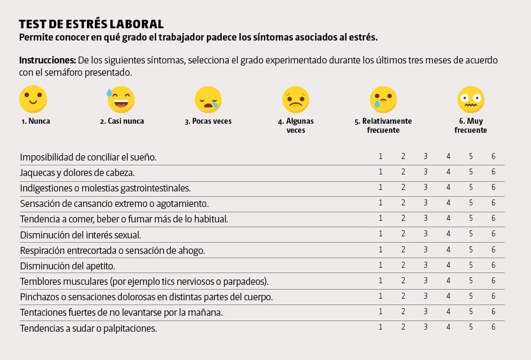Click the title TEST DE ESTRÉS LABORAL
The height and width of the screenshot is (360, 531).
pos(91,24)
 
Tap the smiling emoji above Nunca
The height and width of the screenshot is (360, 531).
pos(33,99)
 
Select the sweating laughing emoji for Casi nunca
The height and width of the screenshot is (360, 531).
pos(121,99)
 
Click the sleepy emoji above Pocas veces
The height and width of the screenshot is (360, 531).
pos(208,99)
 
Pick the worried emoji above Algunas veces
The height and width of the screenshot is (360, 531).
pos(295,99)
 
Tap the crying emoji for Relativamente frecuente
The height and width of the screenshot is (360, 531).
pos(383,99)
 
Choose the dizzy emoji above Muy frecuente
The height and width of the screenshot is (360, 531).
pos(471,99)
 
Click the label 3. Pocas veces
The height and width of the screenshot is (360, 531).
pos(208,121)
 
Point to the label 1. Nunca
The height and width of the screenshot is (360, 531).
pos(35,121)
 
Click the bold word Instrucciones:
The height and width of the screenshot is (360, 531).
pos(48,60)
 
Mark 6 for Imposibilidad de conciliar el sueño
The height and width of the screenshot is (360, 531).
pos(493,156)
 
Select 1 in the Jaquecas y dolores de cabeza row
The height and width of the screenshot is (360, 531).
pos(381,172)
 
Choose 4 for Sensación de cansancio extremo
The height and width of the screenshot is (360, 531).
pos(448,203)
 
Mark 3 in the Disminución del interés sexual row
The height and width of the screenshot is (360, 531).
pos(426,234)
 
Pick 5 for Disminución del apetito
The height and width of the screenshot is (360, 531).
pos(471,265)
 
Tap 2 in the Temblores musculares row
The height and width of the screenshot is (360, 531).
pos(404,281)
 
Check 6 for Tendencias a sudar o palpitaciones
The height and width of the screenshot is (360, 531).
pos(493,327)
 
